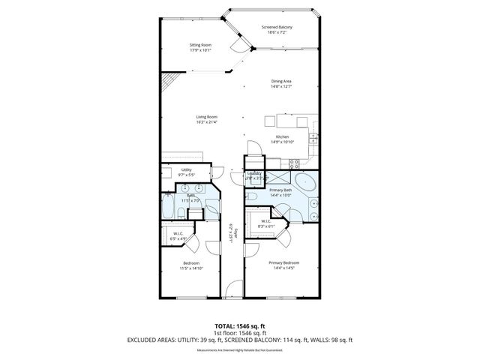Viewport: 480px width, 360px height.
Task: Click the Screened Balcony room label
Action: (x=277, y=28)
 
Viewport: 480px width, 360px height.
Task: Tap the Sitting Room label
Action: (x=200, y=45)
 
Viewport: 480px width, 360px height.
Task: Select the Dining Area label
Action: (x=281, y=81)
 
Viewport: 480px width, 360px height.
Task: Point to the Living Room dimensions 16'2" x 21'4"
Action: (x=207, y=121)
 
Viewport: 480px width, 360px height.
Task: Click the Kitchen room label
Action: (x=282, y=136)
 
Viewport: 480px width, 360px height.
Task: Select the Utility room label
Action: (x=187, y=170)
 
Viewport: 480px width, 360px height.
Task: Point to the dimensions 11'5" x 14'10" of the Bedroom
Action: (x=191, y=267)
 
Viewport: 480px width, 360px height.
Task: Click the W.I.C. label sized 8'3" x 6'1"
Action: (x=266, y=221)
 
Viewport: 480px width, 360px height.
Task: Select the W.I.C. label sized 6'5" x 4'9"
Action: (x=178, y=233)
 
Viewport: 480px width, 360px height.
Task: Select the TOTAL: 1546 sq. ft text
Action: (x=240, y=326)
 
